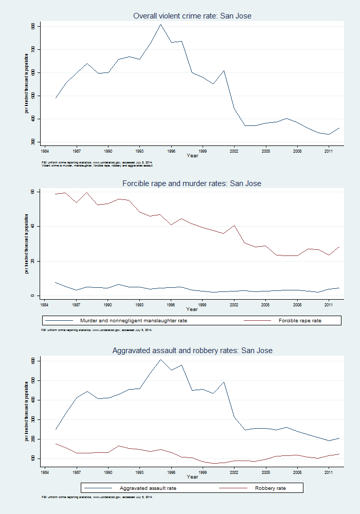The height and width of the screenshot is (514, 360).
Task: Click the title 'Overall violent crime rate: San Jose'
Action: [192, 16]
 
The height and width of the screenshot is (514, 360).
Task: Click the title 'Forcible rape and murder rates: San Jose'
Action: [192, 183]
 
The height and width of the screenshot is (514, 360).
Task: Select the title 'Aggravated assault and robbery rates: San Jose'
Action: [192, 351]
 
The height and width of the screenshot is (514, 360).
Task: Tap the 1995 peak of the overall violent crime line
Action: [160, 24]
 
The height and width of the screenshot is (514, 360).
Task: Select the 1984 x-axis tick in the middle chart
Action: [44, 305]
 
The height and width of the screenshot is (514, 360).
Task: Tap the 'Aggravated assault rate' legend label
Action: [147, 487]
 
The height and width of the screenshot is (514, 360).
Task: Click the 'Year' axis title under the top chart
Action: [192, 156]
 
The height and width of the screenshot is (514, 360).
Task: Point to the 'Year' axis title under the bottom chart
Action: [192, 477]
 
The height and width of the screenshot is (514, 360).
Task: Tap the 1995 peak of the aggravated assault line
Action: [160, 359]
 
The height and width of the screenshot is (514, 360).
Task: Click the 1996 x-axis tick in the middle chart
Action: [171, 305]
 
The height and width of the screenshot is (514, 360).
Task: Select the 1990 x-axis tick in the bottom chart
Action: [108, 471]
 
